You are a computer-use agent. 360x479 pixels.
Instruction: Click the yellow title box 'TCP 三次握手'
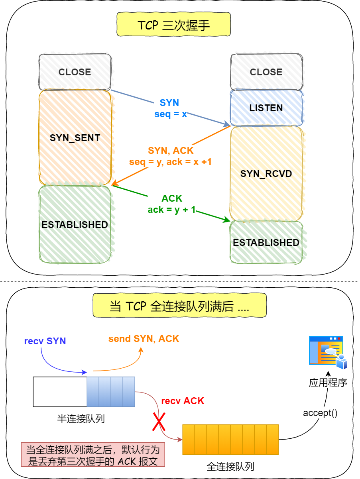coord(173,24)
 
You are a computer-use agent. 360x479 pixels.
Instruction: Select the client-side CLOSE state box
coord(75,72)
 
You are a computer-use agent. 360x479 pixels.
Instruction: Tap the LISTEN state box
coord(266,108)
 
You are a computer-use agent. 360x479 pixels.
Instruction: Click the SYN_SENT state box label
coord(75,138)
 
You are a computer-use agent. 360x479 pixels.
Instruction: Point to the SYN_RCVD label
coord(266,174)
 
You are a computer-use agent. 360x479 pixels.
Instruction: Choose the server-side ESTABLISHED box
coord(266,242)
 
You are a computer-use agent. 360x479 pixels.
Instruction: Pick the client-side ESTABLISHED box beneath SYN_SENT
coord(75,224)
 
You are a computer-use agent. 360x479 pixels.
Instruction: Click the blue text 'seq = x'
coord(171,114)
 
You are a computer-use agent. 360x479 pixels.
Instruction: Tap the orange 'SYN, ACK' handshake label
coord(171,151)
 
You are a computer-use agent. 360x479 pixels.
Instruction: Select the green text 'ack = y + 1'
coord(171,210)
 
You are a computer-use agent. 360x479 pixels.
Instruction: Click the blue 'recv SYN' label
coord(45,341)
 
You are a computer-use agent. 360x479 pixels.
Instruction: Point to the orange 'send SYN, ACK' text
coord(144,339)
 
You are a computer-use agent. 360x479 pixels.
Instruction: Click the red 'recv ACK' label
coord(183,401)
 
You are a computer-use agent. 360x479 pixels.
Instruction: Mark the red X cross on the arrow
coord(159,422)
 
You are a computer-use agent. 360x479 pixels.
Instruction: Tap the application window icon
coord(328,352)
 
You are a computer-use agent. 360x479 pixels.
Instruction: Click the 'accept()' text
coord(320,413)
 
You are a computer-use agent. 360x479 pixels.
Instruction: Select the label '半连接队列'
coord(81,419)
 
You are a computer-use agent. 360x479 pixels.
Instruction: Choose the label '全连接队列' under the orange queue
coord(230,467)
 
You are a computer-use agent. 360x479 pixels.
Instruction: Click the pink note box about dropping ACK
coord(93,455)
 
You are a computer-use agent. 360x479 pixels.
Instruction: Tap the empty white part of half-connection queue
coord(60,392)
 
